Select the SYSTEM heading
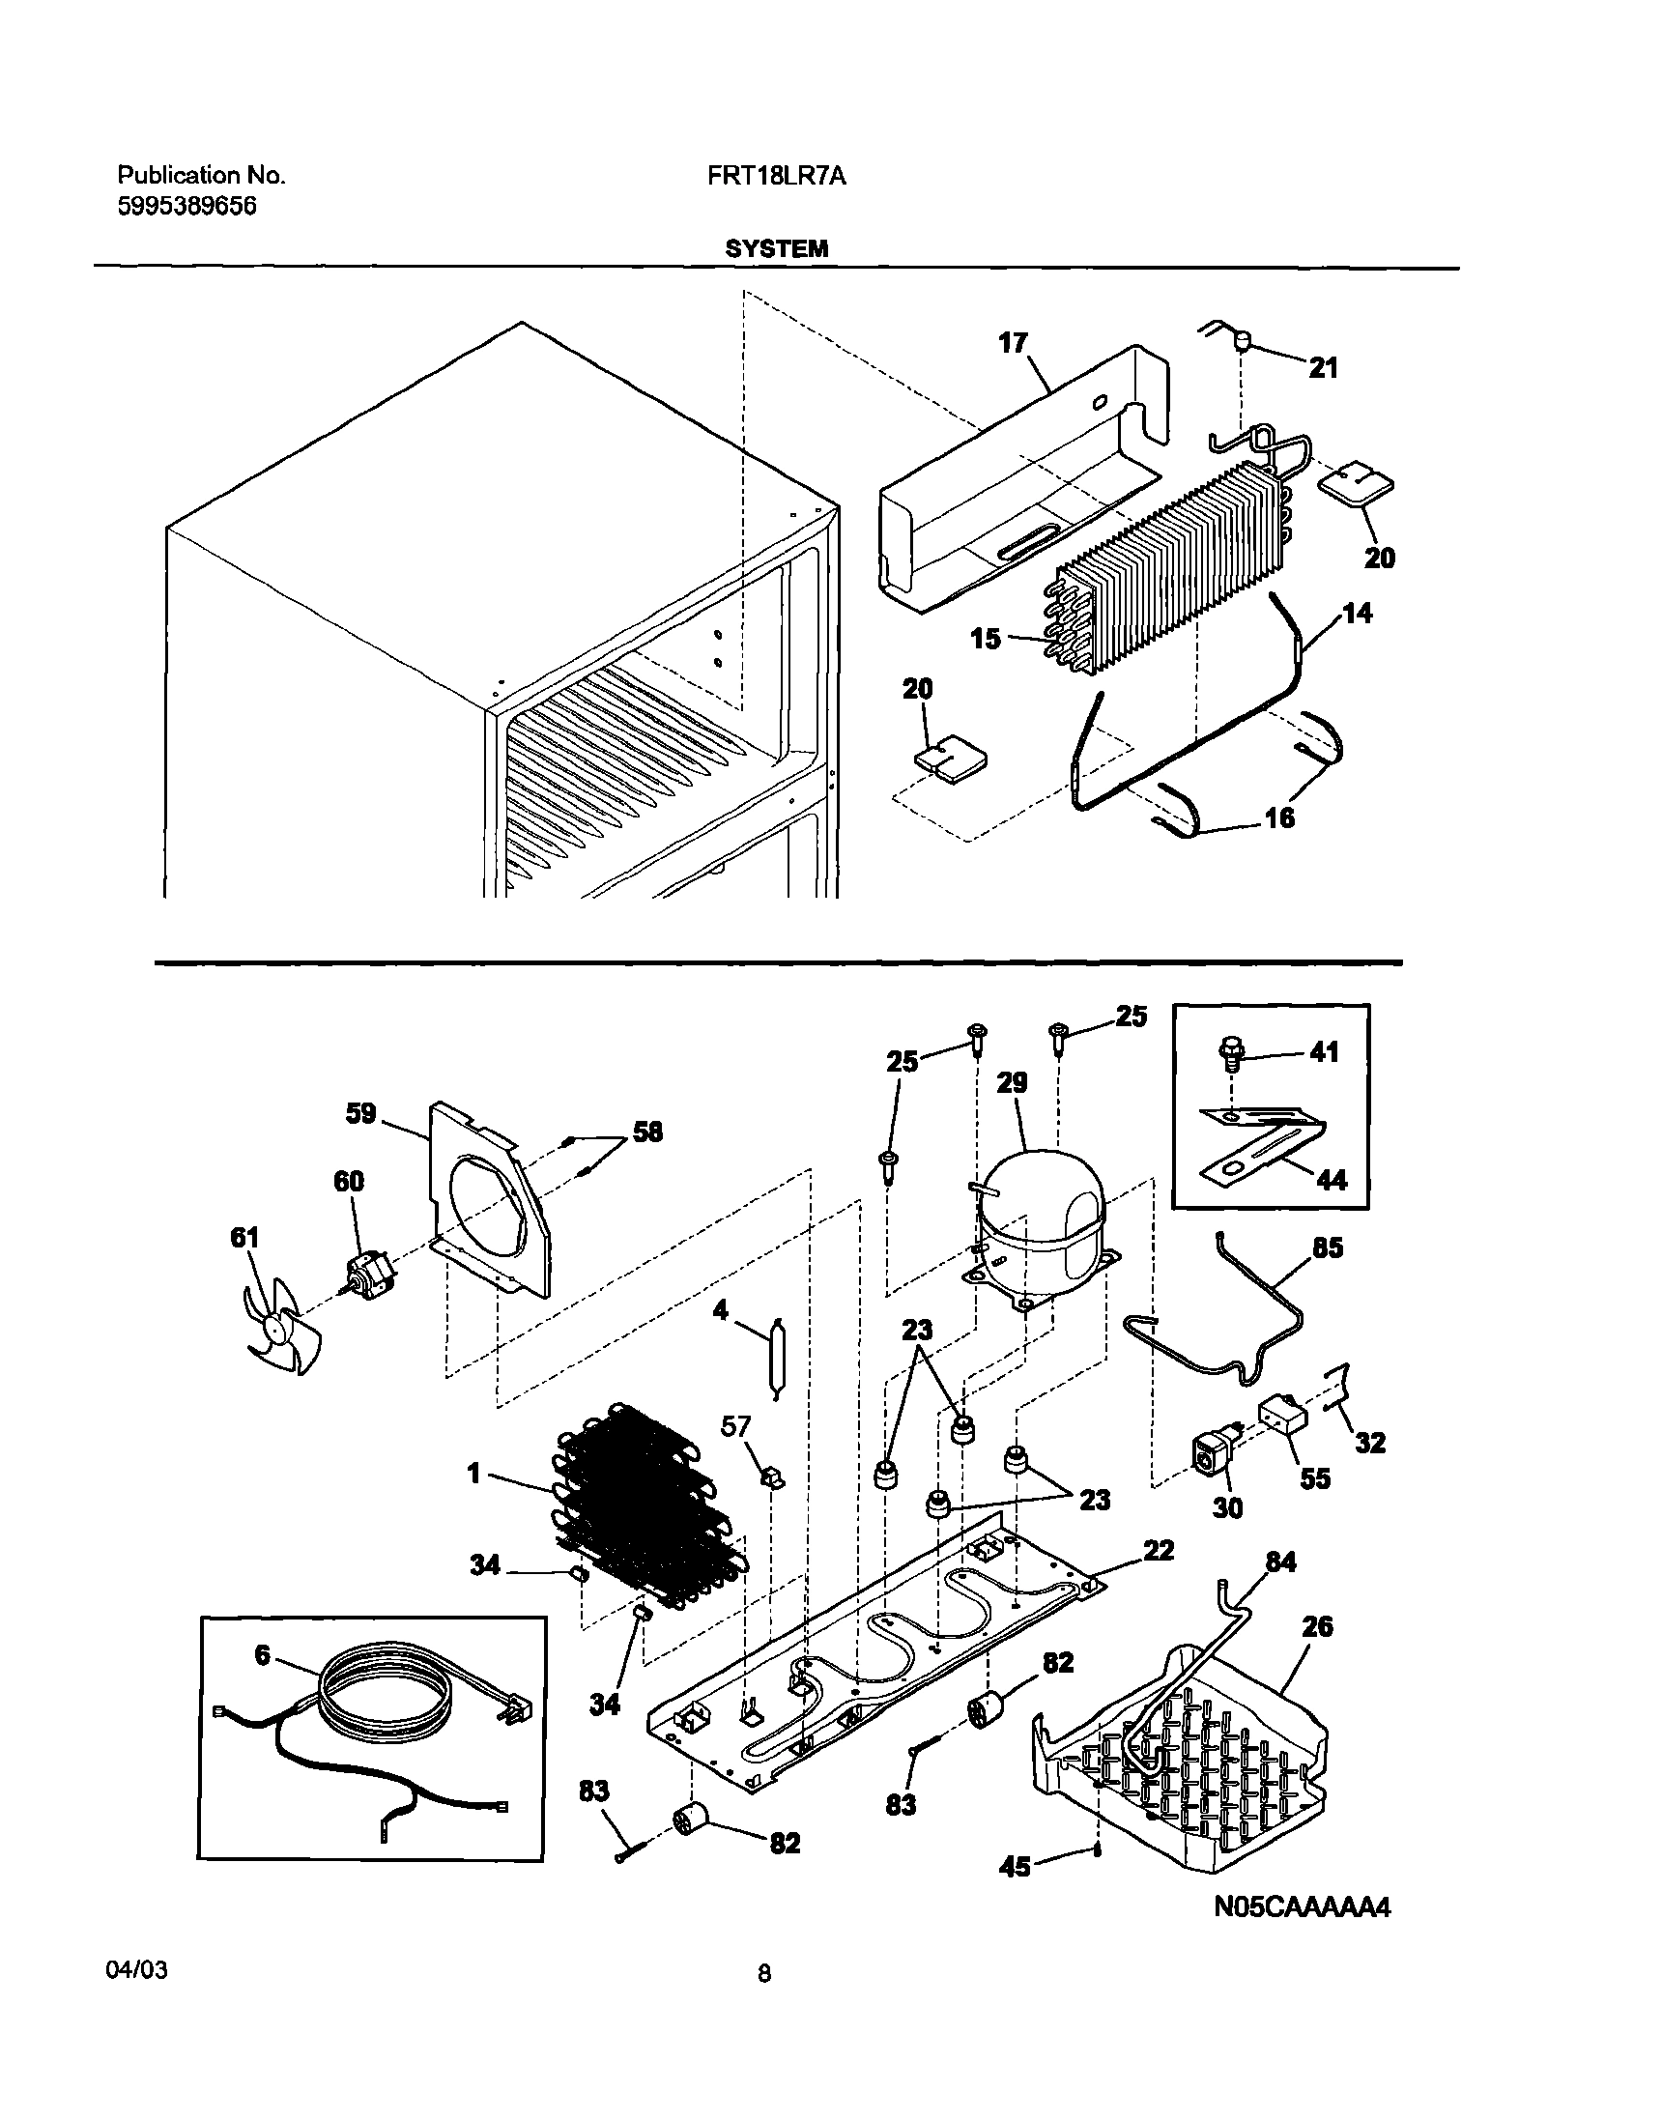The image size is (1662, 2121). (777, 249)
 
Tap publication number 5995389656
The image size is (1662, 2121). (186, 206)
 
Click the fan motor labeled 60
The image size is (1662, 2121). (366, 1272)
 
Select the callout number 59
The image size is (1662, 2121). (361, 1114)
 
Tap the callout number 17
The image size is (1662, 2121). (1013, 342)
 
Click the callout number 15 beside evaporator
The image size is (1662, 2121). (986, 640)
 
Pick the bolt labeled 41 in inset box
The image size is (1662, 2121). (1229, 1051)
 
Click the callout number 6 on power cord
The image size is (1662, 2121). (262, 1655)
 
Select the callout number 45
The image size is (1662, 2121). (1015, 1867)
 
